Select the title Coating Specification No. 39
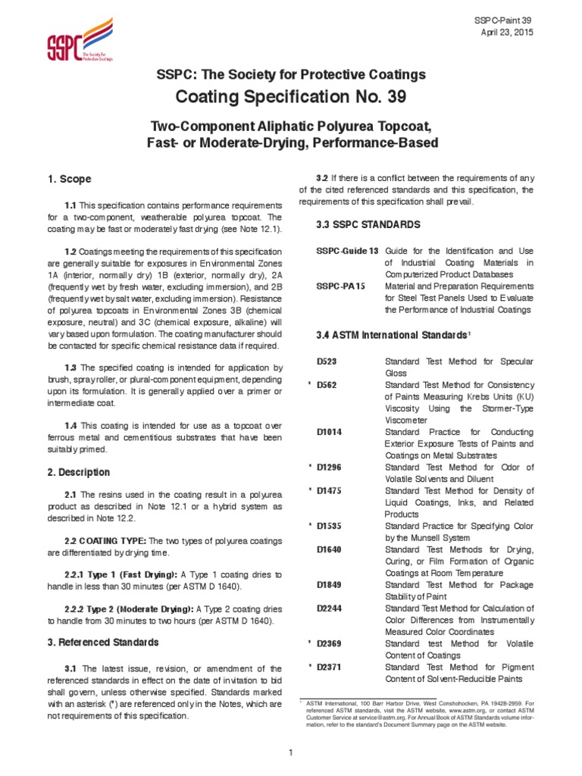[290, 97]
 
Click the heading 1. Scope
[70, 180]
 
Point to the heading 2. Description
[79, 472]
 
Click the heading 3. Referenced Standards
[104, 642]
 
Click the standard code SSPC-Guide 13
[347, 250]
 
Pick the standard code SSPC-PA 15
[340, 286]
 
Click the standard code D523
[327, 361]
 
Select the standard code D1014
[330, 432]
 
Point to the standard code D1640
[330, 549]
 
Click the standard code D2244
[330, 608]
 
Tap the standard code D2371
[330, 667]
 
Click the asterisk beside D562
[309, 385]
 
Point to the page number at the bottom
[290, 752]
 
